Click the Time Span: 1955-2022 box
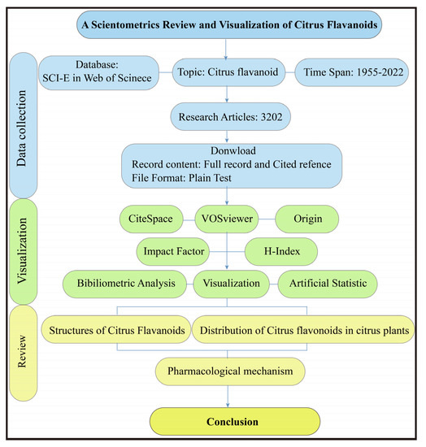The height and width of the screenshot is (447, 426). click(357, 72)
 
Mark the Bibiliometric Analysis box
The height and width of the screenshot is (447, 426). click(126, 284)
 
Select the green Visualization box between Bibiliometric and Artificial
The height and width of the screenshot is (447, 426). click(233, 284)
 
